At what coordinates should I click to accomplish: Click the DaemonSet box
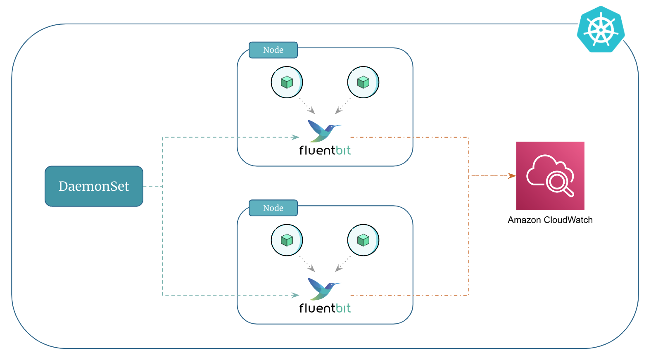[94, 186]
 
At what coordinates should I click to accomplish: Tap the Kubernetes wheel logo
[601, 29]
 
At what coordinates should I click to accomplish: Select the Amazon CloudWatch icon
[550, 176]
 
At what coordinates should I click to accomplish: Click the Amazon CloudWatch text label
[550, 220]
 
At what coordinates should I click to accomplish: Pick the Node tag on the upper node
[273, 50]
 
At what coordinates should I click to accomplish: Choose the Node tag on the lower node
[273, 208]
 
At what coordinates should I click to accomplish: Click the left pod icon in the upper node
[287, 82]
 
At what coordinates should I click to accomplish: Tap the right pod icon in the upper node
[363, 82]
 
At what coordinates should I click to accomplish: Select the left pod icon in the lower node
[287, 240]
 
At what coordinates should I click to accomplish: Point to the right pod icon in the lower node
[363, 240]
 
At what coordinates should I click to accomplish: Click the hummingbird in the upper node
[324, 130]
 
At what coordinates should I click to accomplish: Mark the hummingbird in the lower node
[324, 289]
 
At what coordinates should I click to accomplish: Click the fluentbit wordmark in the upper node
[325, 150]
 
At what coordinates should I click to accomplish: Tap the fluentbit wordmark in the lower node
[325, 308]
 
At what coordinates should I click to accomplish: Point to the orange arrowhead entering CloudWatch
[512, 176]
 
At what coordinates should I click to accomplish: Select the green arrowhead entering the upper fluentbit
[295, 137]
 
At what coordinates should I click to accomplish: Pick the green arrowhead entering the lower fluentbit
[295, 295]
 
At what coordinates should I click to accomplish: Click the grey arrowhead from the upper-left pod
[312, 111]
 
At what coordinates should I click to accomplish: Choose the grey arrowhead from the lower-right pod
[338, 269]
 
